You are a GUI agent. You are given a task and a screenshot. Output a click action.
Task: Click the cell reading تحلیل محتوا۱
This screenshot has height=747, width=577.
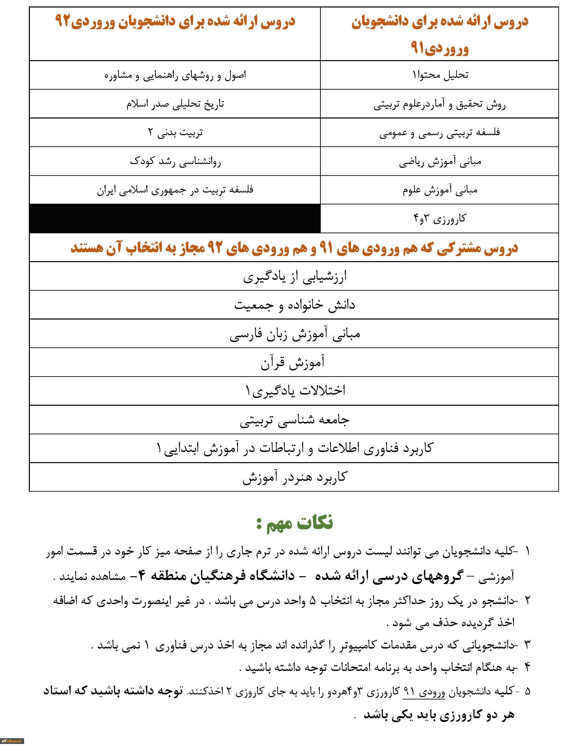pyautogui.click(x=440, y=75)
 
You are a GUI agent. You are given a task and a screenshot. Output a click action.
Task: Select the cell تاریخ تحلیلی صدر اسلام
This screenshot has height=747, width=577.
pyautogui.click(x=175, y=104)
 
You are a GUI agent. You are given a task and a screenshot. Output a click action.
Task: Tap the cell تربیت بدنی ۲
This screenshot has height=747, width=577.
pyautogui.click(x=175, y=133)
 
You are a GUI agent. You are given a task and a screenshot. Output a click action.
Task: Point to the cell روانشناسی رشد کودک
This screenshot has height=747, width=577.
pyautogui.click(x=175, y=161)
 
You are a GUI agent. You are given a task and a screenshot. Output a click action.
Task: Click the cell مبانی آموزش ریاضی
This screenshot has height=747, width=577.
pyautogui.click(x=440, y=161)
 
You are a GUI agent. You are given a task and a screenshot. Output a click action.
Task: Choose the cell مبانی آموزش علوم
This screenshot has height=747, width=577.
pyautogui.click(x=440, y=190)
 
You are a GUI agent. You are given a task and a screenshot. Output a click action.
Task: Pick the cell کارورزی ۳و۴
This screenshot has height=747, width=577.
pyautogui.click(x=440, y=219)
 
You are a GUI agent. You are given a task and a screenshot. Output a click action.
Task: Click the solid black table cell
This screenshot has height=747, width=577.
pyautogui.click(x=175, y=219)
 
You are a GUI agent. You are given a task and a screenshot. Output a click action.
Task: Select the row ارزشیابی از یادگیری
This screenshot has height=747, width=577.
pyautogui.click(x=294, y=276)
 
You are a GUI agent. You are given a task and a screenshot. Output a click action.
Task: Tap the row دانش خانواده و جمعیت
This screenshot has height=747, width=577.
pyautogui.click(x=294, y=305)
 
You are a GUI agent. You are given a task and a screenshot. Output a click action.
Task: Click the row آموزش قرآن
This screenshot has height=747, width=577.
pyautogui.click(x=294, y=363)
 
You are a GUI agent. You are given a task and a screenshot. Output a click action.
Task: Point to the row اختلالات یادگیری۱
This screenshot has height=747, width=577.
pyautogui.click(x=294, y=391)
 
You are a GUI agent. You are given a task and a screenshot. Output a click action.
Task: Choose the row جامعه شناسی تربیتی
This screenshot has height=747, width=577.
pyautogui.click(x=294, y=420)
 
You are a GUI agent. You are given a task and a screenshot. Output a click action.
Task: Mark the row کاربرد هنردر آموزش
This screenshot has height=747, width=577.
pyautogui.click(x=294, y=477)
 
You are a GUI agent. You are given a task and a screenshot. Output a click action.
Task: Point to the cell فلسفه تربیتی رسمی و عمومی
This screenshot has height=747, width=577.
pyautogui.click(x=440, y=133)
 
